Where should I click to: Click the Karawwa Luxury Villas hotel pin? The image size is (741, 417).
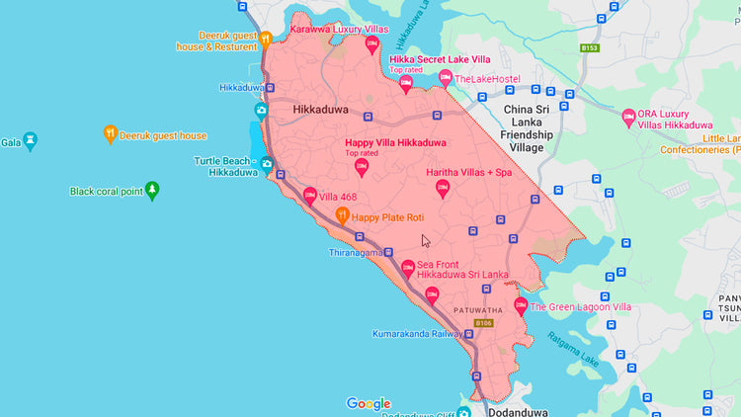pyautogui.click(x=372, y=44)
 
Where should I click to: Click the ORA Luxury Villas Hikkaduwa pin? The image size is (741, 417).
pyautogui.click(x=628, y=118)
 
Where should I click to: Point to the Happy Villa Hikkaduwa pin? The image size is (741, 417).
pyautogui.click(x=362, y=167)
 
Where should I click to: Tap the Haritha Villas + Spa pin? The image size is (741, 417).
pyautogui.click(x=443, y=188)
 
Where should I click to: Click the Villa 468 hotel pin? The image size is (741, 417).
pyautogui.click(x=309, y=197)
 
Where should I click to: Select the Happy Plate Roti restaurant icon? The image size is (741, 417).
pyautogui.click(x=343, y=215)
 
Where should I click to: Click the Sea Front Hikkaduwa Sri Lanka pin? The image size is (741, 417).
pyautogui.click(x=407, y=268)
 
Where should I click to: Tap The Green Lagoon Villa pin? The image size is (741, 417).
pyautogui.click(x=521, y=306)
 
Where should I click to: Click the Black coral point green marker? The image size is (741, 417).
pyautogui.click(x=152, y=191)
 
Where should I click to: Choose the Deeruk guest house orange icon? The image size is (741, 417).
pyautogui.click(x=111, y=134)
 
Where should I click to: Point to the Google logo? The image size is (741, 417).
pyautogui.click(x=369, y=403)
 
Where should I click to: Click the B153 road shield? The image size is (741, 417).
pyautogui.click(x=590, y=47)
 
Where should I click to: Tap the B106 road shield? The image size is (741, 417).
pyautogui.click(x=482, y=323)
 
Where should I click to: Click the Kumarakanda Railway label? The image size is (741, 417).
pyautogui.click(x=416, y=334)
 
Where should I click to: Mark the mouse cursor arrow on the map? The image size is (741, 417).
pyautogui.click(x=426, y=240)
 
